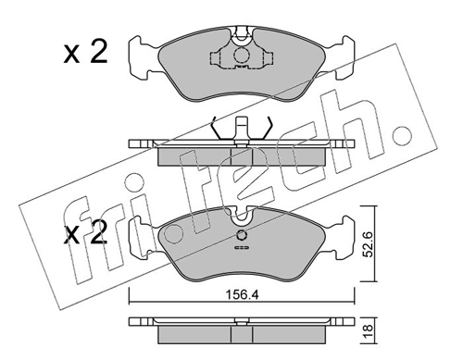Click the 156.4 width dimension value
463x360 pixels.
coord(242,295)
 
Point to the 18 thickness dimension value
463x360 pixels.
coord(369,330)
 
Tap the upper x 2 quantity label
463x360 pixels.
coord(85,53)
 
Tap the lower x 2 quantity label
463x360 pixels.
coord(85,233)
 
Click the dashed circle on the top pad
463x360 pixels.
coord(242,56)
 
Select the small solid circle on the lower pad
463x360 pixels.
coord(242,236)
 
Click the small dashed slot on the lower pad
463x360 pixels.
coord(242,247)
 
